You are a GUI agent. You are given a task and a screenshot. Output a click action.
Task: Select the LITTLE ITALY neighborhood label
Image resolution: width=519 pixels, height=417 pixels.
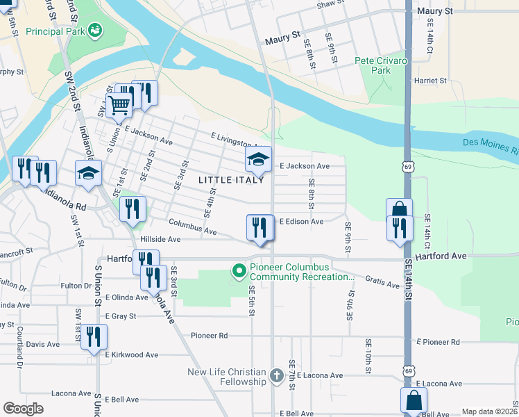(x=231, y=180)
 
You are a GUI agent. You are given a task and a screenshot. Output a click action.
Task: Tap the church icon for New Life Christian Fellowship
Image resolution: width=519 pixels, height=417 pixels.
(x=277, y=376)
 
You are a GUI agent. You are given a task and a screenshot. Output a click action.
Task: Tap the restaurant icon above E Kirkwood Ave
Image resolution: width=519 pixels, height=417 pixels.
(x=94, y=336)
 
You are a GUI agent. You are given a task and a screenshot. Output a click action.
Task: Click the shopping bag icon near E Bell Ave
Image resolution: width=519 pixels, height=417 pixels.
(x=414, y=401)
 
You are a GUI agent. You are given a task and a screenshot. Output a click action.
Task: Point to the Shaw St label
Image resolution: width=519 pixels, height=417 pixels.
(x=330, y=5)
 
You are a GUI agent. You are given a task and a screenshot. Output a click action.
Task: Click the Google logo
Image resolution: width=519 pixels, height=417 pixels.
(x=23, y=408)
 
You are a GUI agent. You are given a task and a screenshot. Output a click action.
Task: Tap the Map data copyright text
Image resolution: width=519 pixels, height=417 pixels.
(x=488, y=411)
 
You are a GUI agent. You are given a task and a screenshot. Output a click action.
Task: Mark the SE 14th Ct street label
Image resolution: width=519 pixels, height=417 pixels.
(x=428, y=231)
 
